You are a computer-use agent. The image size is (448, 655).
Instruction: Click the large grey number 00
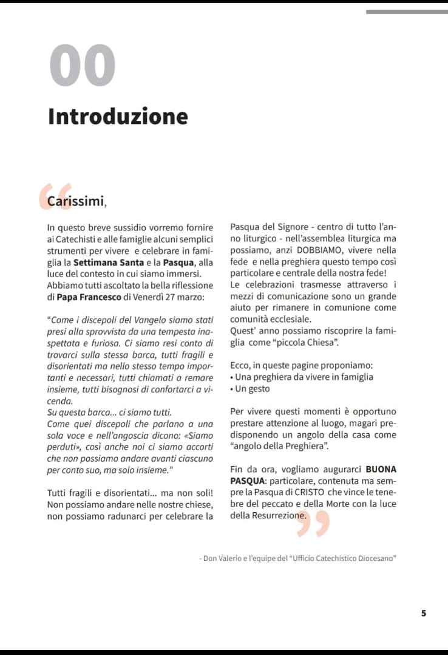tap(83, 66)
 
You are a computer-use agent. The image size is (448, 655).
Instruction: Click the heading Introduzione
tap(118, 116)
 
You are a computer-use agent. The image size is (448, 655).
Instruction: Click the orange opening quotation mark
tap(55, 196)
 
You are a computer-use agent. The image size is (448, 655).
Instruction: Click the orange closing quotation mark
tap(313, 524)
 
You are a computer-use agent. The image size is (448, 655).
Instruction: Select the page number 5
tap(424, 613)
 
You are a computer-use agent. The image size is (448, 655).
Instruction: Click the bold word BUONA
tap(381, 469)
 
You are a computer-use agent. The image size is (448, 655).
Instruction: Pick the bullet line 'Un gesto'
tap(253, 389)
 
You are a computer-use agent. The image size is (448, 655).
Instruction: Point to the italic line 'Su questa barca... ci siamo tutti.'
tap(109, 412)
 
